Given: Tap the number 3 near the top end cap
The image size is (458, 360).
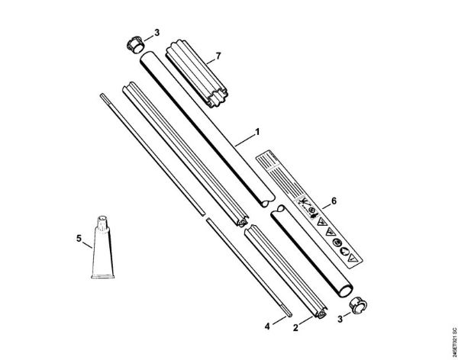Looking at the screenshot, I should (x=156, y=34).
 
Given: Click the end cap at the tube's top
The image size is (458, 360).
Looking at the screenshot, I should (x=134, y=42).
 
